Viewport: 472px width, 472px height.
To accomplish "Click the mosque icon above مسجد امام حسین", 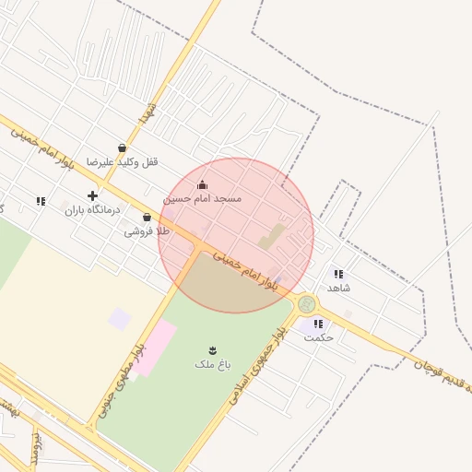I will coord(203,184).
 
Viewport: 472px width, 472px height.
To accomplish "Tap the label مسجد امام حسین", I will coord(203,198).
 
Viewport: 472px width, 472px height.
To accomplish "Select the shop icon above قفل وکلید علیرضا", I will coord(123,147).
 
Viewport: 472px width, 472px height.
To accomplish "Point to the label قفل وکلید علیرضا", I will coord(123,161).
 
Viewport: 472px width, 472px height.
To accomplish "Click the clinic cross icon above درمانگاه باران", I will coord(92,195).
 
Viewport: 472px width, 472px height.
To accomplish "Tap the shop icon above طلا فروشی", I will coord(147,218).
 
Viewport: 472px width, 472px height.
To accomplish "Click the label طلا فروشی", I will coord(147,231).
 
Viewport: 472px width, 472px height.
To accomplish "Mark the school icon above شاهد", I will coord(338,274).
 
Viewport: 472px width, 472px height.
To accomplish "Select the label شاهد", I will coord(338,288).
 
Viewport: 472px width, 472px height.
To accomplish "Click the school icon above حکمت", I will coord(318,324).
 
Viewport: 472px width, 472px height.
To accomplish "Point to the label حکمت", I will coord(318,337).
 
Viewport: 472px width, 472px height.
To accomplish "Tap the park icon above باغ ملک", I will coord(212,349).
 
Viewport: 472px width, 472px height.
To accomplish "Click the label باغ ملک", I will coord(211,364).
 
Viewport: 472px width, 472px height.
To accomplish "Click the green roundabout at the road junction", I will coord(307,303).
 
